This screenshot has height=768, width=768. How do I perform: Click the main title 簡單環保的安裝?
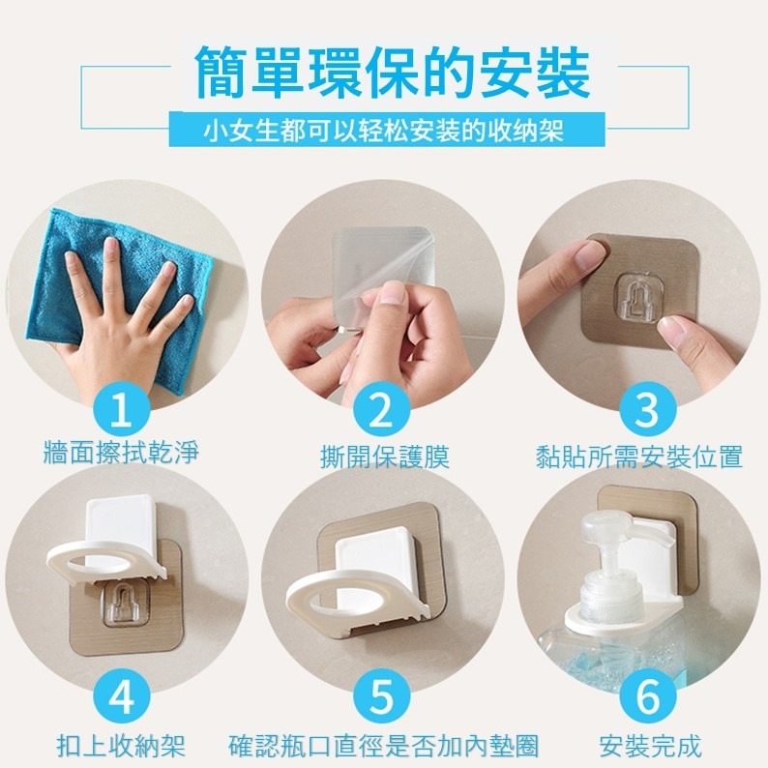click(x=391, y=74)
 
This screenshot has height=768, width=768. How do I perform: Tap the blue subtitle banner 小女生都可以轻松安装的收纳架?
click(x=385, y=130)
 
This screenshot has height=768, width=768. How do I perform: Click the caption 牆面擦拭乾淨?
click(x=121, y=453)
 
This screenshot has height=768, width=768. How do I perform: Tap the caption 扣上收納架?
click(x=121, y=746)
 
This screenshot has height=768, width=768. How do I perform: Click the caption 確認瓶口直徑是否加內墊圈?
click(x=384, y=746)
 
